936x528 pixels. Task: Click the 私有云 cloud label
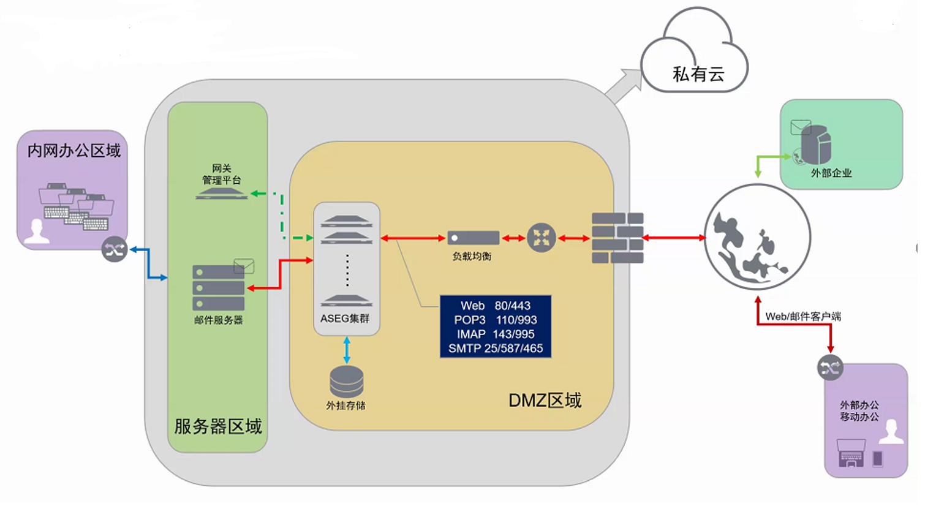(698, 74)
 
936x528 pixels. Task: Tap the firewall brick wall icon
(617, 238)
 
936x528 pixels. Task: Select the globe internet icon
(758, 237)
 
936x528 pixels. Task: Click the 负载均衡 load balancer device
(473, 238)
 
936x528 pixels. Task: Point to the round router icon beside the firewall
(542, 238)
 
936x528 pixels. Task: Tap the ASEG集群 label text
(345, 319)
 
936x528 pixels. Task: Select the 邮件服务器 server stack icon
(219, 287)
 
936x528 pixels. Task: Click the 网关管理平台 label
(222, 174)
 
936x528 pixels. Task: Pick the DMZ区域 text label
(545, 400)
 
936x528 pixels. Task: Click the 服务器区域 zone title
(218, 426)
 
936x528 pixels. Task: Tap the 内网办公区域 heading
(74, 151)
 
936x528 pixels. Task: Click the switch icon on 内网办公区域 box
(115, 249)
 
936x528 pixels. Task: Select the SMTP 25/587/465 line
(496, 349)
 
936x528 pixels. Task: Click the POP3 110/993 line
(496, 320)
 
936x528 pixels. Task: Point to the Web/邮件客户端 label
(803, 316)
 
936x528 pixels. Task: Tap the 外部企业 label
(831, 173)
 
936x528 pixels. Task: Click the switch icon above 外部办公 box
(830, 368)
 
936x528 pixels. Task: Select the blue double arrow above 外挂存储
(347, 350)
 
